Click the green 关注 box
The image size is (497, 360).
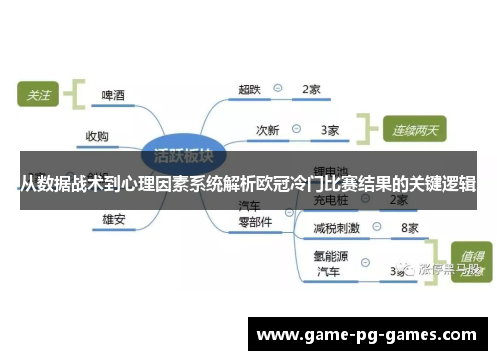39,95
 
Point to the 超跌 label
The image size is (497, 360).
249,90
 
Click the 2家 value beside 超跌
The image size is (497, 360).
311,90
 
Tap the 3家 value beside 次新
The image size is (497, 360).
330,129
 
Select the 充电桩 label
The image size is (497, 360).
331,200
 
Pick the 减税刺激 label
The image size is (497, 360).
337,228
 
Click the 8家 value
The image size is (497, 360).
409,228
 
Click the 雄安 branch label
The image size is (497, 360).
114,218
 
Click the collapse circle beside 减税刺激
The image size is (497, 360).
378,228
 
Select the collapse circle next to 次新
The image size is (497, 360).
300,129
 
